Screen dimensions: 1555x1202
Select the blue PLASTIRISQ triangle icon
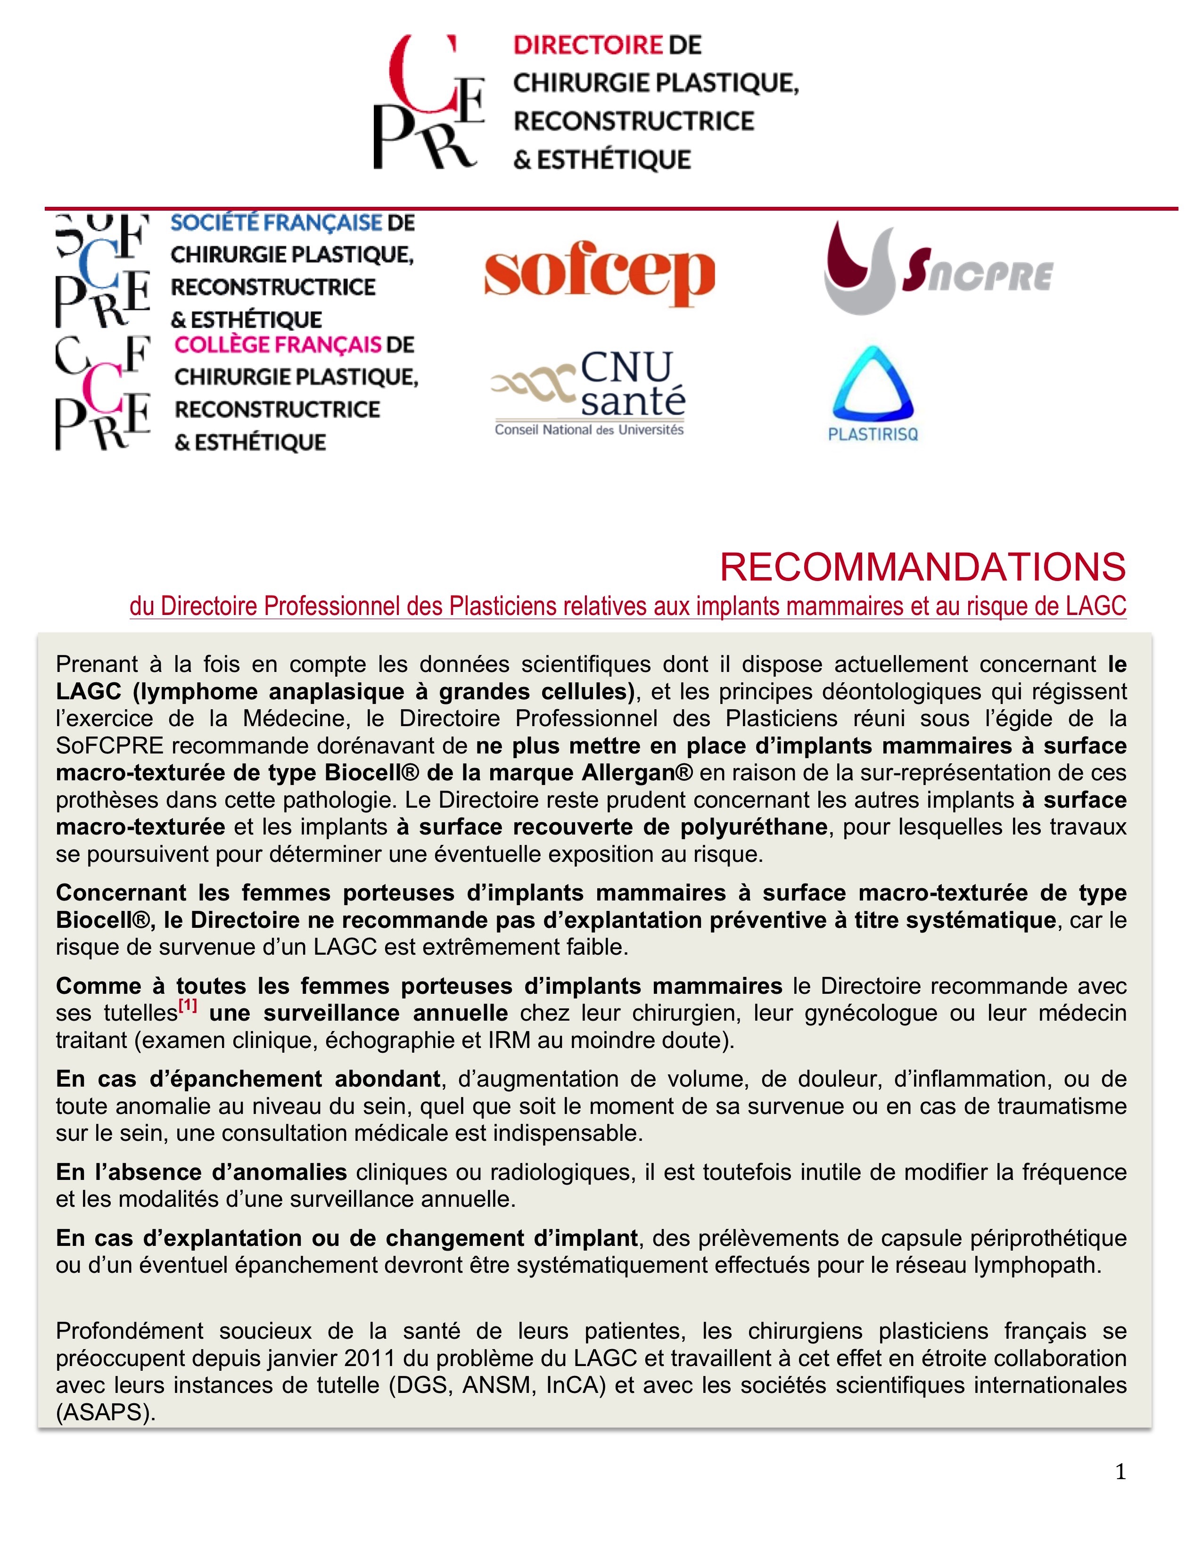(873, 385)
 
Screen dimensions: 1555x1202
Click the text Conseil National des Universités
(589, 430)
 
